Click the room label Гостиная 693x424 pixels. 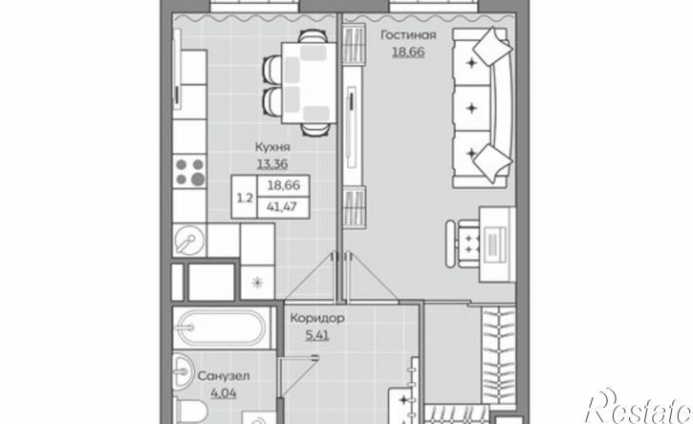pyautogui.click(x=408, y=35)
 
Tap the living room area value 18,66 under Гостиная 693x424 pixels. pyautogui.click(x=408, y=53)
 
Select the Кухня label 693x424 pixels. pyautogui.click(x=272, y=147)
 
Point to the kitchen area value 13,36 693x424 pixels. pyautogui.click(x=272, y=164)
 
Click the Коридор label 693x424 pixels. pyautogui.click(x=317, y=318)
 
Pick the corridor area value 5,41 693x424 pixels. pyautogui.click(x=317, y=335)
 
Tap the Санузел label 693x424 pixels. pyautogui.click(x=224, y=376)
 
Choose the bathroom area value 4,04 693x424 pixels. pyautogui.click(x=224, y=392)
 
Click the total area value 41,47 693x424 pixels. pyautogui.click(x=283, y=206)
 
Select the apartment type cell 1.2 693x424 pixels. pyautogui.click(x=245, y=198)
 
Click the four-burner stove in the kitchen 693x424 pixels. pyautogui.click(x=189, y=171)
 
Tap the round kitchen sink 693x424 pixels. pyautogui.click(x=189, y=241)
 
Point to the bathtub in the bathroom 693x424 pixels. pyautogui.click(x=221, y=329)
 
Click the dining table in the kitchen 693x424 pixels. pyautogui.click(x=309, y=82)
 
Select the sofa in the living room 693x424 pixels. pyautogui.click(x=482, y=107)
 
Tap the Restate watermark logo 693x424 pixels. pyautogui.click(x=638, y=407)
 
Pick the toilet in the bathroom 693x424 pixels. pyautogui.click(x=191, y=411)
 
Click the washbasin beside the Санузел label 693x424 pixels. pyautogui.click(x=182, y=371)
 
